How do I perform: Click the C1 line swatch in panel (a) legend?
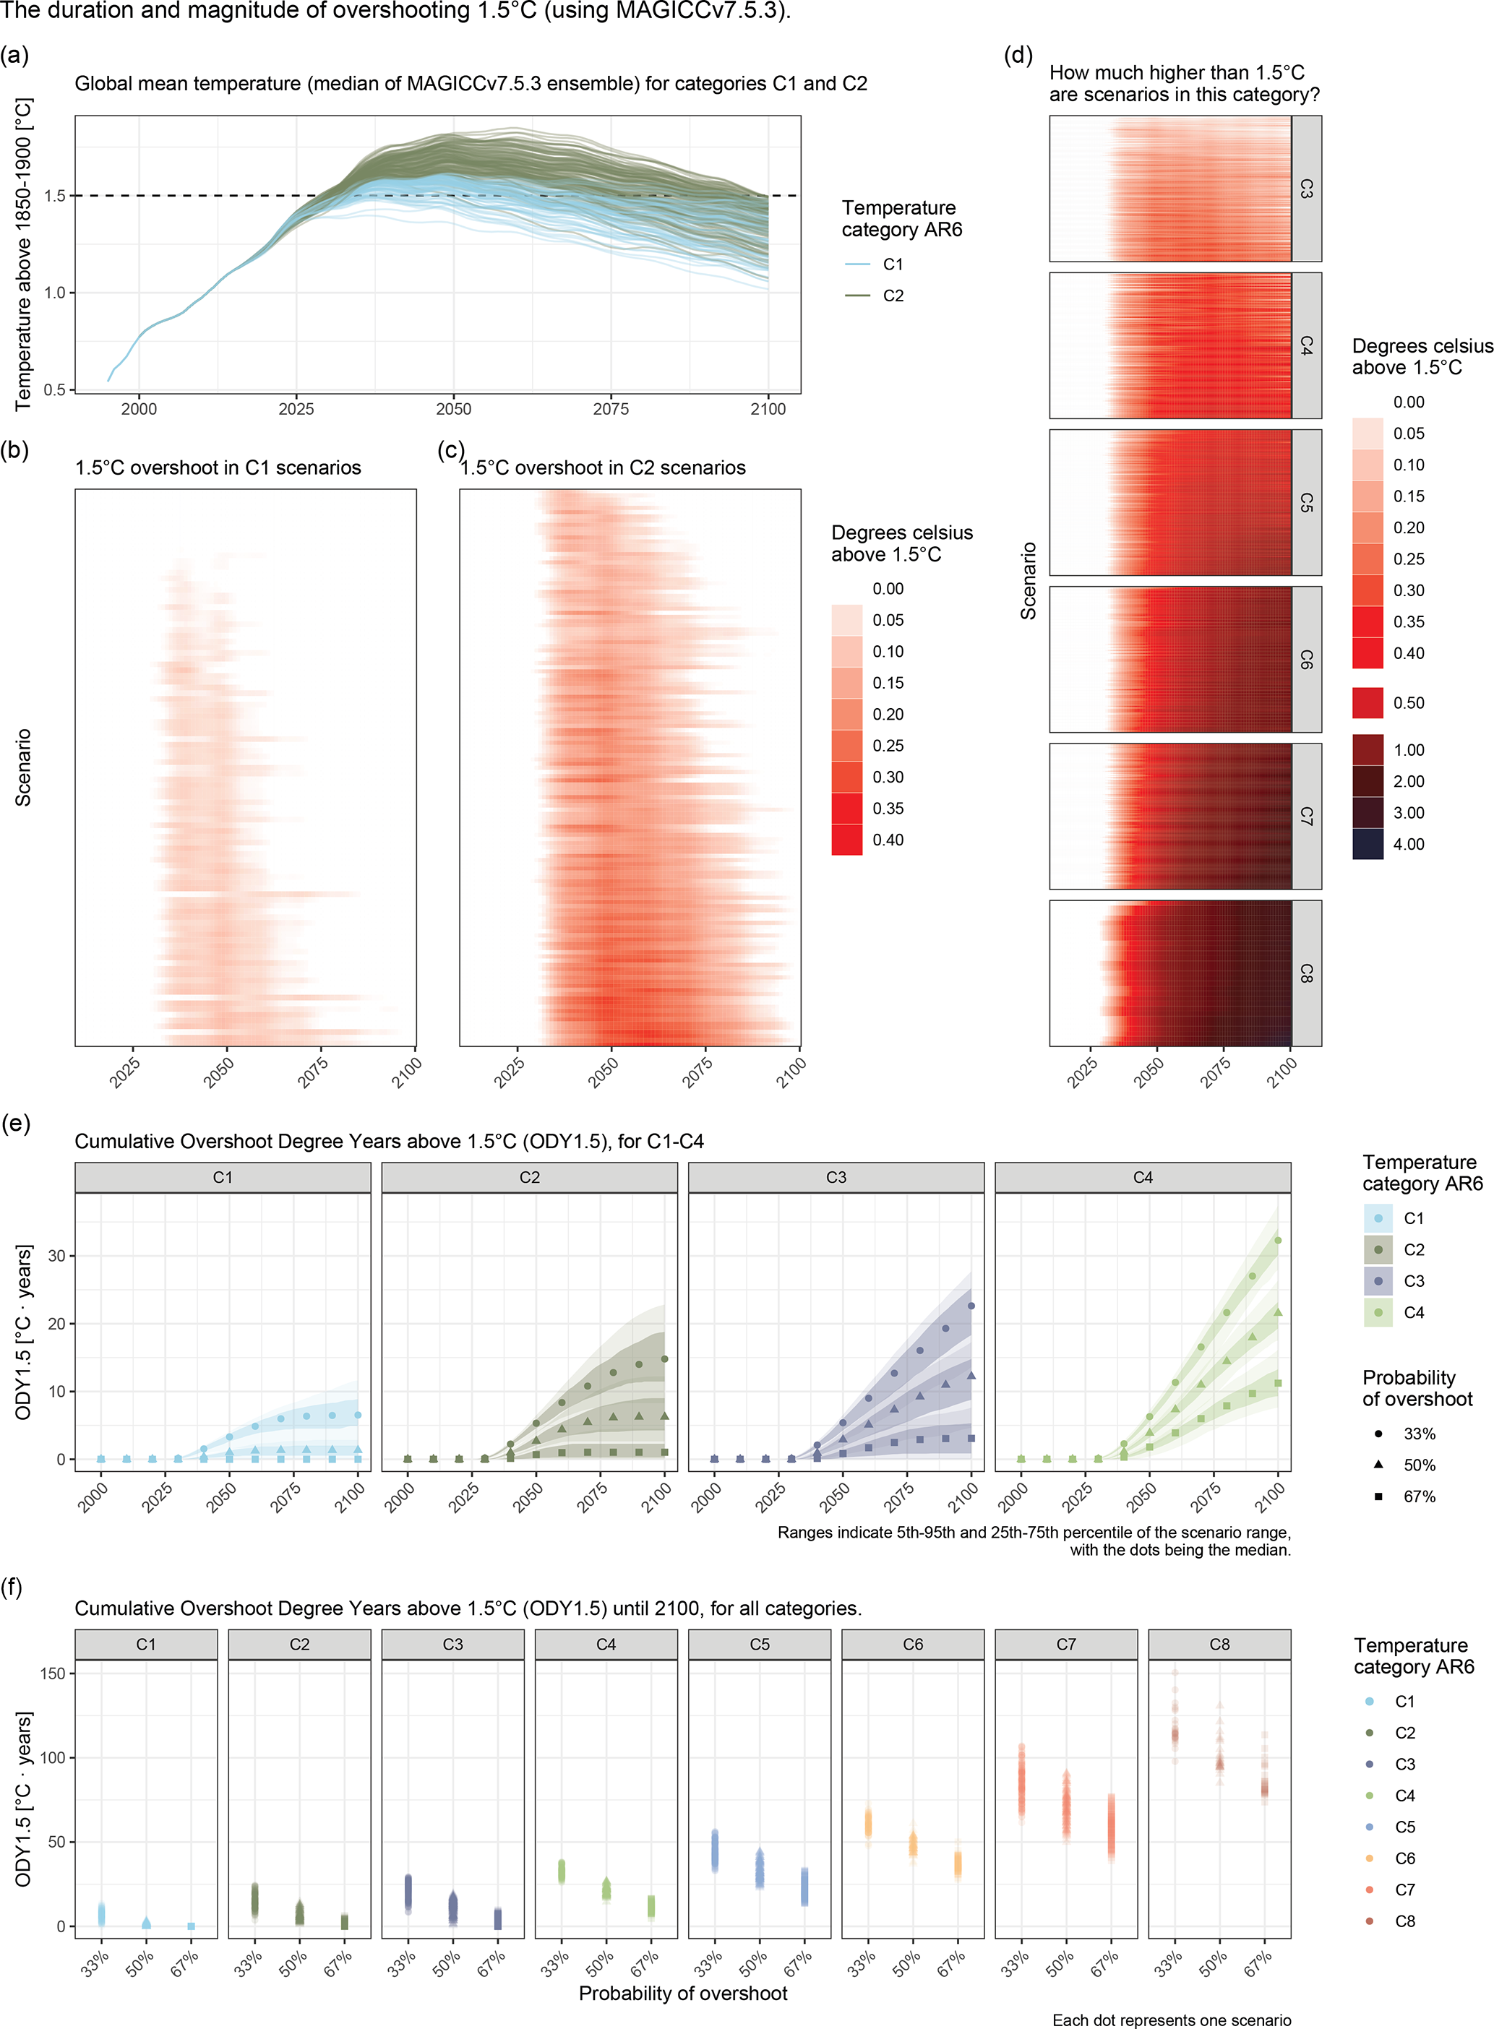point(857,264)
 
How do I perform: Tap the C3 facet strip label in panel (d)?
point(1306,189)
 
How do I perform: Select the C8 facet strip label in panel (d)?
point(1306,973)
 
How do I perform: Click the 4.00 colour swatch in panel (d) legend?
point(1368,843)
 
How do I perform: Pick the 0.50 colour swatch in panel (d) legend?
point(1368,702)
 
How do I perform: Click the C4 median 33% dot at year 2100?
point(1278,1241)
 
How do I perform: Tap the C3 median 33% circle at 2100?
point(971,1306)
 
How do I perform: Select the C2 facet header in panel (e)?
point(529,1177)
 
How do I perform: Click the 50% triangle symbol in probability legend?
point(1378,1464)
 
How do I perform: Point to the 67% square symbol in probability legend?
point(1378,1496)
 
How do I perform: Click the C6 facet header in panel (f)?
point(912,1644)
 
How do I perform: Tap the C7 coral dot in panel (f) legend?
point(1369,1889)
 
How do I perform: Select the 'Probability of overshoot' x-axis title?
point(683,1992)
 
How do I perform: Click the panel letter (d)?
point(1018,55)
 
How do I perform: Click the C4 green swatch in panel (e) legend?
point(1378,1312)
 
